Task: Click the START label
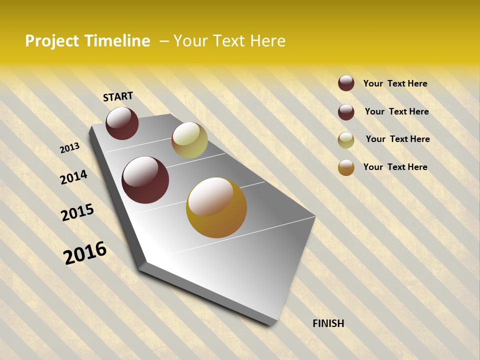[118, 96]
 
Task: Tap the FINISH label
[328, 323]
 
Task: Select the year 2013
[69, 148]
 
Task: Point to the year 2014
[73, 177]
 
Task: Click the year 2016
[85, 253]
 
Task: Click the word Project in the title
[52, 41]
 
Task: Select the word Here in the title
[267, 41]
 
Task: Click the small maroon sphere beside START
[122, 123]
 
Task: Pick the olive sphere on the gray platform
[189, 140]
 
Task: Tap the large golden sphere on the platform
[216, 207]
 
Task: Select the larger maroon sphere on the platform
[145, 180]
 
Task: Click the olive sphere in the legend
[346, 140]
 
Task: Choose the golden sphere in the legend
[346, 167]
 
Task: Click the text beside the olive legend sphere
[397, 139]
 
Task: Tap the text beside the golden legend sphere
[395, 167]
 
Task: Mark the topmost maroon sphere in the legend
[346, 83]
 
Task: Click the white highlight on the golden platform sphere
[210, 196]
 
